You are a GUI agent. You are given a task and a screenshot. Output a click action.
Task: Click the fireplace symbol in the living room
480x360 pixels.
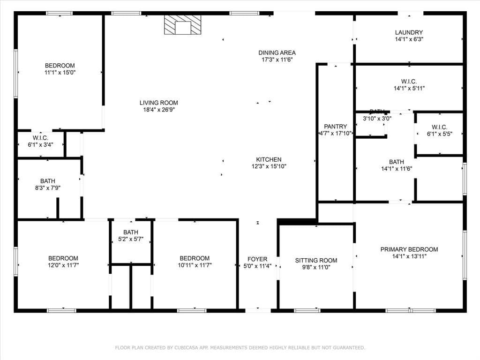tap(183, 25)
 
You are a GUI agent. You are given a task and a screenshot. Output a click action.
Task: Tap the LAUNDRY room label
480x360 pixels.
tap(409, 32)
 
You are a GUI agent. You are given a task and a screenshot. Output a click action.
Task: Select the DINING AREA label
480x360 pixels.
tap(277, 52)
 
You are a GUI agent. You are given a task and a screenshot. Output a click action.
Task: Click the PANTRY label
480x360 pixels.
tap(336, 127)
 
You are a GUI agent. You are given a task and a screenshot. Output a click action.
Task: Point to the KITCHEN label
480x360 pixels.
tap(269, 159)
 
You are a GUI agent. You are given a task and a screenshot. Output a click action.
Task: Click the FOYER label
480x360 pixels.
tap(257, 259)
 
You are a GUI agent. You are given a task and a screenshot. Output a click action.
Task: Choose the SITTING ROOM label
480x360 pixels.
tap(316, 260)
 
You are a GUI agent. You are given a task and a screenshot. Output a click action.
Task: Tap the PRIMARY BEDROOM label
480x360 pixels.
tap(409, 249)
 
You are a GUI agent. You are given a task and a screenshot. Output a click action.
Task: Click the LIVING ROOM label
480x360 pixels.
tap(159, 103)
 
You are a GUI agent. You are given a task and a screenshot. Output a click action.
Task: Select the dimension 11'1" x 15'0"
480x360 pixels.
tap(60, 73)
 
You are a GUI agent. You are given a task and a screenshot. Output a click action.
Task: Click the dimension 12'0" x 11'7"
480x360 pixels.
tap(63, 265)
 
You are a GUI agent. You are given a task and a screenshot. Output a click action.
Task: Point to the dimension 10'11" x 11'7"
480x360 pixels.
tap(195, 265)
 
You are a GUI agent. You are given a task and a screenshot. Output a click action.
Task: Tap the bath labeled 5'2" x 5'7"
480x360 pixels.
tap(131, 232)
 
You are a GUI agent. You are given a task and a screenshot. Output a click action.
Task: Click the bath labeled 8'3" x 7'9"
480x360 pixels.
tap(47, 181)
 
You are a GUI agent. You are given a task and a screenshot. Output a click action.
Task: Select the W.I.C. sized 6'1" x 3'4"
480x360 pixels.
tap(40, 138)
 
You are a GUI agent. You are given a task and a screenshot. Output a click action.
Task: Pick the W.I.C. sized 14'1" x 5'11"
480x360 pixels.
tap(409, 81)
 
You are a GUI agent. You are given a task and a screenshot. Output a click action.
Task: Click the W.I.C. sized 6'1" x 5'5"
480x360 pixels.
tap(439, 127)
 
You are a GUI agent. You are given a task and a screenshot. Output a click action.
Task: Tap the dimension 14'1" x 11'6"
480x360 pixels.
tap(397, 169)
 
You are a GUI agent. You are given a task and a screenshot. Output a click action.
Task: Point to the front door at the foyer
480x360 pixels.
tap(258, 310)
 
